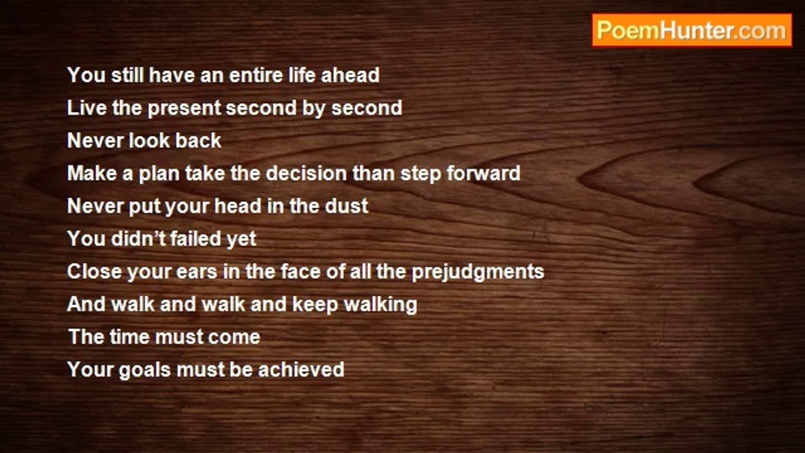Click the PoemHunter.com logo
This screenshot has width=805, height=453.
point(692,31)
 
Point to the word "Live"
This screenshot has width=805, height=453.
point(87,108)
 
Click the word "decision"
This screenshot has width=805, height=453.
point(306,173)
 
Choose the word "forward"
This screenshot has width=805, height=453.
point(484,173)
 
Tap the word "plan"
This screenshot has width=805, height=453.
point(159,174)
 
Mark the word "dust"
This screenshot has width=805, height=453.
point(347,206)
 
